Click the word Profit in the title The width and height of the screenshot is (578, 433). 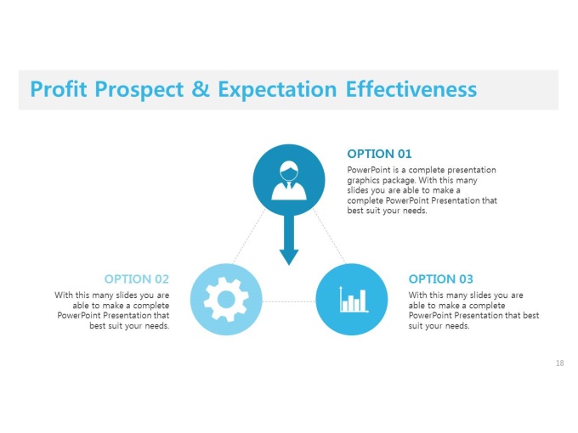click(59, 89)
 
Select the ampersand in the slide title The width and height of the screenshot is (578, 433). click(201, 89)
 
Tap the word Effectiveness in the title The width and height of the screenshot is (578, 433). click(411, 89)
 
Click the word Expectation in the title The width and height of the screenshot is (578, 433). click(277, 90)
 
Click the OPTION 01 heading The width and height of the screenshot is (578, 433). click(379, 154)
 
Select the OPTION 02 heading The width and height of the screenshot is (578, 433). click(136, 279)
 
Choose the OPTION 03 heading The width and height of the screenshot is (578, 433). click(440, 279)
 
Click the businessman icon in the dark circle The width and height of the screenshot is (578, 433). click(289, 180)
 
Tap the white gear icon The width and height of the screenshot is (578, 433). click(226, 300)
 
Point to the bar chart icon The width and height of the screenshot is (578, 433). click(354, 300)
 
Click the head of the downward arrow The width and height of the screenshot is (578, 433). click(289, 257)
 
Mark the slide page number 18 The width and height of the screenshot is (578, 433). click(559, 363)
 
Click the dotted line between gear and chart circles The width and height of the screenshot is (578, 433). click(289, 301)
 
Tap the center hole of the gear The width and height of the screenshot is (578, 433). click(226, 300)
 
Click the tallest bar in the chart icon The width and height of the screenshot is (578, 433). click(363, 300)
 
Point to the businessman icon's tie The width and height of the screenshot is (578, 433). click(289, 186)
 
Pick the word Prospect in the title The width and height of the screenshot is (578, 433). click(139, 90)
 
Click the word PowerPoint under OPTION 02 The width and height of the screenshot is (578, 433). click(79, 316)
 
